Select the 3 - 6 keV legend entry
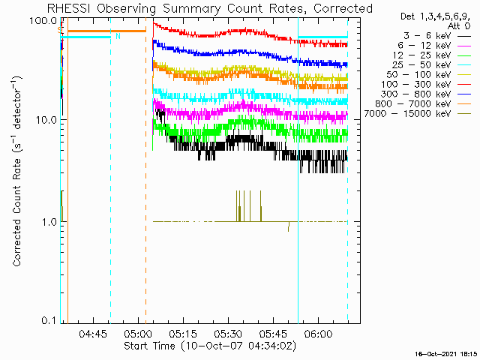[x=437, y=35]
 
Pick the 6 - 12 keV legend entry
[x=434, y=45]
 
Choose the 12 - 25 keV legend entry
[x=432, y=55]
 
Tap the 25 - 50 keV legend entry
[x=432, y=65]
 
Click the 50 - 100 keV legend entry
[x=429, y=75]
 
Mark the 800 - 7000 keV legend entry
[x=423, y=104]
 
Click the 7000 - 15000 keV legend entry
[x=418, y=114]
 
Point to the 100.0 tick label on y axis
[x=43, y=21]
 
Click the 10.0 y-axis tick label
[x=46, y=120]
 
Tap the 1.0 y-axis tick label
[x=49, y=221]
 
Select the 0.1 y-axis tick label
[x=49, y=320]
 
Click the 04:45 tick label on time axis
[x=93, y=333]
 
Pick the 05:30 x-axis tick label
[x=228, y=333]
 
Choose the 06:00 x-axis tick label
[x=318, y=333]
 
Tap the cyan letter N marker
[x=118, y=36]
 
